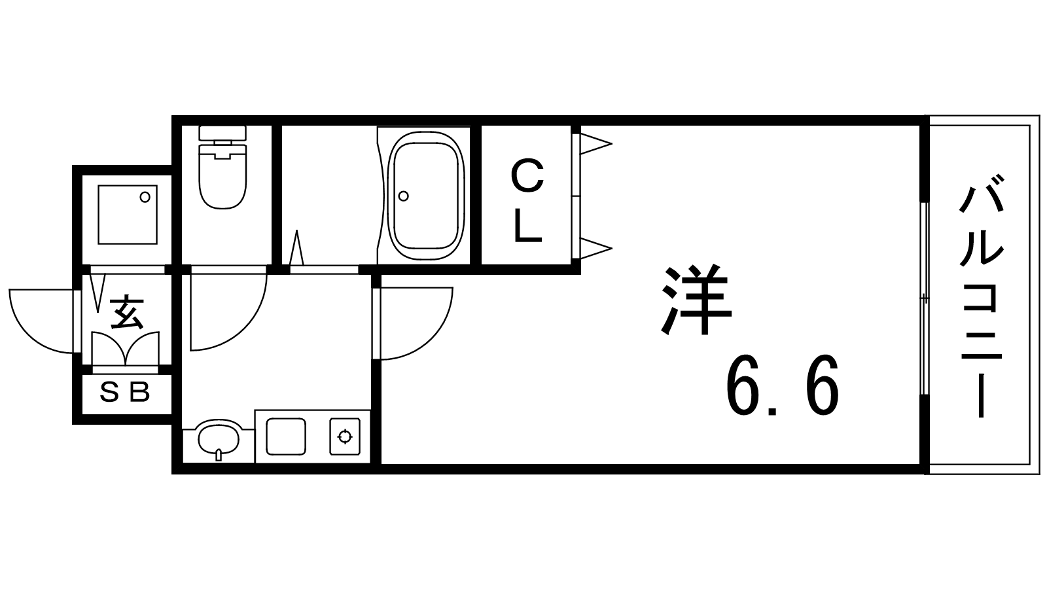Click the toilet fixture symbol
click(222, 173)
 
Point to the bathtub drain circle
click(404, 196)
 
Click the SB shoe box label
click(125, 393)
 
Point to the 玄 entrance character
click(126, 312)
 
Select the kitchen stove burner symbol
click(345, 435)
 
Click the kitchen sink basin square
click(285, 435)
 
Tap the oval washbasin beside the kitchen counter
click(219, 437)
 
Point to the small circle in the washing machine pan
click(145, 196)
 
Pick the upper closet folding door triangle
click(594, 144)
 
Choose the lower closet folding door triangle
click(594, 248)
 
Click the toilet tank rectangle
click(222, 132)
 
